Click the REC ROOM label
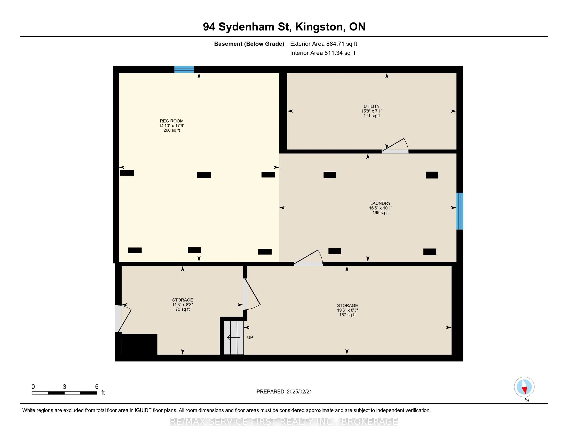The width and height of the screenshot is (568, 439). pos(172,121)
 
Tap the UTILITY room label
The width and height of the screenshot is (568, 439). pos(371,106)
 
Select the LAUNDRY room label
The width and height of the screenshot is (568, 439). pos(381,203)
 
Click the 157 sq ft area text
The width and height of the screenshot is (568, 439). pos(347,315)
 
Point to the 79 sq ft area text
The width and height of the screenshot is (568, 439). pos(183,309)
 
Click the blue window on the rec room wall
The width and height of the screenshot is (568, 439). pos(184,69)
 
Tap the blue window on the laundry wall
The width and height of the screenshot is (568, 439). pos(460,211)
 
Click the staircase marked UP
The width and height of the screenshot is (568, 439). pos(234,338)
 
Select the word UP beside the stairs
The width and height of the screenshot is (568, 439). pos(250,338)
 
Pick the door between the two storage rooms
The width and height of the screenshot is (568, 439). pos(251,295)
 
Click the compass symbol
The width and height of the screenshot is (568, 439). pos(524,387)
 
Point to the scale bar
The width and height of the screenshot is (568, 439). pos(65,393)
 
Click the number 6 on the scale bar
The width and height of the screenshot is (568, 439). pos(97,387)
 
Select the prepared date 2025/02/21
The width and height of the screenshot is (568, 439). pos(298,392)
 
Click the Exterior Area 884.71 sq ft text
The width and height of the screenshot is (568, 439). pos(324,44)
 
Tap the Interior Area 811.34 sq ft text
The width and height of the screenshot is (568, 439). pos(322,53)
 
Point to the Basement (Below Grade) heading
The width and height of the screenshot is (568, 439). pos(249,44)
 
